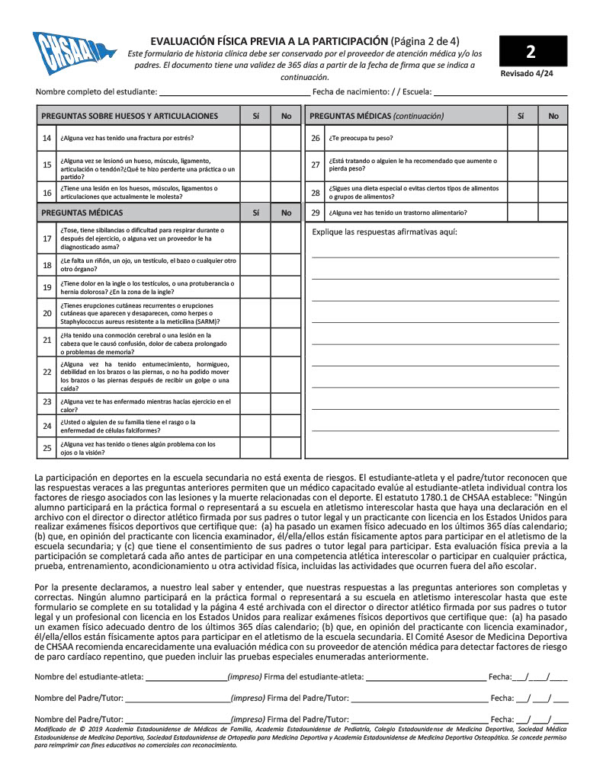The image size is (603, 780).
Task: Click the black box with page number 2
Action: pos(531,52)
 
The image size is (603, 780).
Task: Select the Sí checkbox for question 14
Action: pos(255,138)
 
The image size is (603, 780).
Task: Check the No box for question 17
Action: pos(286,238)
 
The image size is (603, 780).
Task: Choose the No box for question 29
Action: pos(553,213)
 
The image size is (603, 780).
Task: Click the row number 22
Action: pos(47,372)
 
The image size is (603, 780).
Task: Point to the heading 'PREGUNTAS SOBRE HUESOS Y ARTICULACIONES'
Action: pos(130,116)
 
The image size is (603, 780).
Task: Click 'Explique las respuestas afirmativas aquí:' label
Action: pos(385,232)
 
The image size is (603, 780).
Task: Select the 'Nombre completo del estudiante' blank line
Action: pos(233,93)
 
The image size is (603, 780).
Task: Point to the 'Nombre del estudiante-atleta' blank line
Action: pos(186,676)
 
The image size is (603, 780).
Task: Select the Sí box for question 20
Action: pos(255,313)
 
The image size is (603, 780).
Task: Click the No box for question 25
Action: pos(286,448)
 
